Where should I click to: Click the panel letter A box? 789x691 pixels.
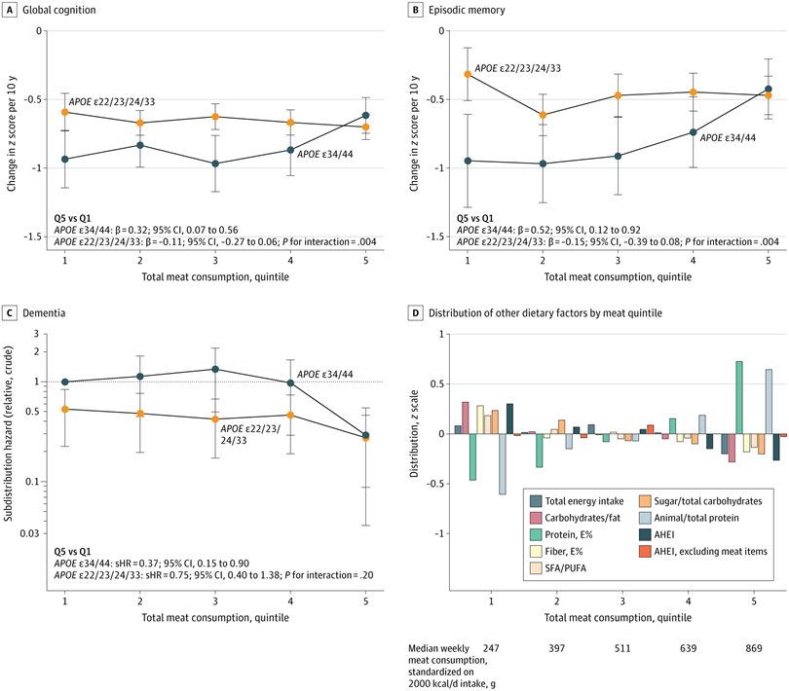(x=9, y=10)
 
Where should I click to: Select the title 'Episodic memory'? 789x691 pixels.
(x=467, y=10)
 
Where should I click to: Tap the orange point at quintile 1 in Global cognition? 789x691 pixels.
(x=65, y=112)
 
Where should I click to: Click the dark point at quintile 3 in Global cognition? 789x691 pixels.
(x=215, y=164)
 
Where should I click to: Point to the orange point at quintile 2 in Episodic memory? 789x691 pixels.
(x=543, y=115)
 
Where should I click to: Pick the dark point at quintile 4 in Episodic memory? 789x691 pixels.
(x=693, y=132)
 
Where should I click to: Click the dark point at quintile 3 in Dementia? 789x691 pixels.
(x=215, y=369)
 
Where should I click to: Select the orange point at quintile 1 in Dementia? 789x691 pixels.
(x=65, y=410)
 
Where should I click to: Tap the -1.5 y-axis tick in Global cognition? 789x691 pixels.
(x=32, y=236)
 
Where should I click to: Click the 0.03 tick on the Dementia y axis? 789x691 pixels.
(x=29, y=533)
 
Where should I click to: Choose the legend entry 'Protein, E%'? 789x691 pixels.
(x=561, y=534)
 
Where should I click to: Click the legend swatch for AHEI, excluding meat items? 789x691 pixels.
(x=645, y=551)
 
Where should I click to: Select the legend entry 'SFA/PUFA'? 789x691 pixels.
(x=558, y=568)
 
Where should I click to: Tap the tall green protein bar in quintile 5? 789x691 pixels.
(x=739, y=397)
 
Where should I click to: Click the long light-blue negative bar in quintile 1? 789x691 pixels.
(x=503, y=463)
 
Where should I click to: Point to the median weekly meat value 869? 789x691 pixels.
(x=754, y=648)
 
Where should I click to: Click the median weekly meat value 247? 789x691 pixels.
(x=491, y=648)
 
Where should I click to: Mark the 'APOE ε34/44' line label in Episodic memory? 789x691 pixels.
(x=728, y=138)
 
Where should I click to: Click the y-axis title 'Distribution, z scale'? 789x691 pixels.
(x=414, y=433)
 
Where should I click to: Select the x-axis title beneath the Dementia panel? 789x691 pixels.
(x=215, y=618)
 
